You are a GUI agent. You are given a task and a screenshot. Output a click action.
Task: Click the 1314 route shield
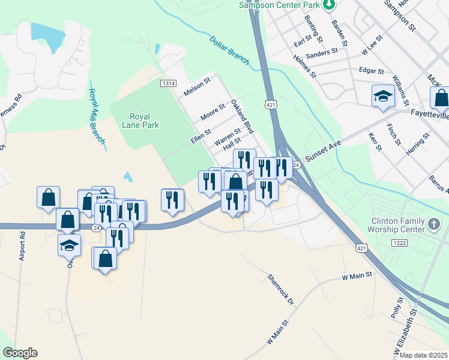click(x=167, y=83)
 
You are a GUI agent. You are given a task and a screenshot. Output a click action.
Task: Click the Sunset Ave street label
click(x=322, y=151)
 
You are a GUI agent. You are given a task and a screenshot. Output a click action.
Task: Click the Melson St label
click(x=197, y=87)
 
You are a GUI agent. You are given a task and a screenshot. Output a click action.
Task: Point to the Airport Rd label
click(x=22, y=247)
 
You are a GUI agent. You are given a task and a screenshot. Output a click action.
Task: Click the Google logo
click(x=20, y=353)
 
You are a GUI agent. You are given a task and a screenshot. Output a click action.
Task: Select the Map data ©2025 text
click(x=424, y=355)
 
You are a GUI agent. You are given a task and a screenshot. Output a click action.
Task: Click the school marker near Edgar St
click(x=382, y=96)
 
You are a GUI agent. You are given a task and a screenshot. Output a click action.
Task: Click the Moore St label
click(x=212, y=110)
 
